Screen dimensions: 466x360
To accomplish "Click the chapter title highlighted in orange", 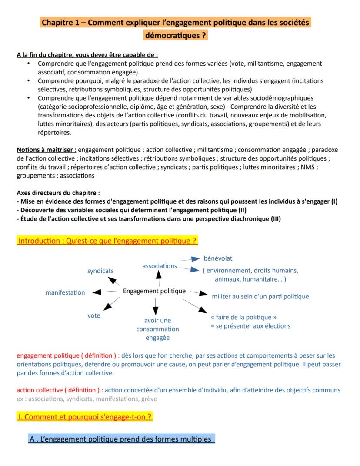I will (176, 28).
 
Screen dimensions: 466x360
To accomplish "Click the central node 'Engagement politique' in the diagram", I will (154, 291).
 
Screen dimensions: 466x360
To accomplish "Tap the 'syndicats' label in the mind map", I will (100, 271).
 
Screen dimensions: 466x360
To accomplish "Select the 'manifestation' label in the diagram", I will (65, 292).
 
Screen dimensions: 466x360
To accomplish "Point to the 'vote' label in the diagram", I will (93, 315).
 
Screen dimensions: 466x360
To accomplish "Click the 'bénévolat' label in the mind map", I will (218, 258).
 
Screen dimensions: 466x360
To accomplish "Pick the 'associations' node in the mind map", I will (160, 265).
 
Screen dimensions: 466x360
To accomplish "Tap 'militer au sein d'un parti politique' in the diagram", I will (260, 296).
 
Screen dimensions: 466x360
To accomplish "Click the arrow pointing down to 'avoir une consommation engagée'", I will (154, 305).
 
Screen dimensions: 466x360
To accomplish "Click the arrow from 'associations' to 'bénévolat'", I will (188, 260).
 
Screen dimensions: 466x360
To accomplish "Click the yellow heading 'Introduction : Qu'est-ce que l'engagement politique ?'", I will (107, 240).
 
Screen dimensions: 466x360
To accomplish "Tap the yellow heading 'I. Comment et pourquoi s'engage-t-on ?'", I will (84, 416).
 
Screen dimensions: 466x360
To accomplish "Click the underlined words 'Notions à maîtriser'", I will (46, 150).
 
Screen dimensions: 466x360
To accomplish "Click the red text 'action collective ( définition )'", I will (60, 390).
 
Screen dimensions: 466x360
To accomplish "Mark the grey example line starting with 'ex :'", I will (87, 399).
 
